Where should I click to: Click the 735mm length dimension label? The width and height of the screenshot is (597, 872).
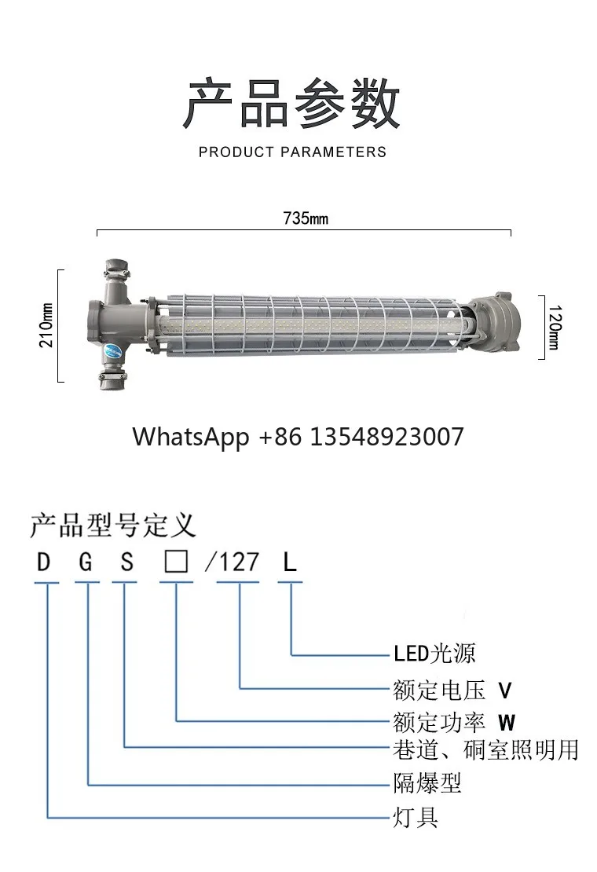pos(305,218)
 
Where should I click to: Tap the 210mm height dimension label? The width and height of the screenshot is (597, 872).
pos(46,325)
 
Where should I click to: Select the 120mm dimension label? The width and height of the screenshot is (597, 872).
pos(555,327)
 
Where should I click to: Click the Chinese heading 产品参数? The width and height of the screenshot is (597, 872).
pos(291,104)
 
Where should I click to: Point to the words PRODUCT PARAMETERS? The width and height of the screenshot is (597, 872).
pos(292,152)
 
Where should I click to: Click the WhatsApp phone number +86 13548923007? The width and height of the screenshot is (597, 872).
pos(361,437)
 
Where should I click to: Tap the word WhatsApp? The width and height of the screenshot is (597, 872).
pos(191,438)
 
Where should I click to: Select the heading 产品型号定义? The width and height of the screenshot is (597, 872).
pos(113,526)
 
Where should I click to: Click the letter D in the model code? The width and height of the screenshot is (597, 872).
pos(43,562)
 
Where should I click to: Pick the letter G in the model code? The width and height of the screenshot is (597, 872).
pos(85,562)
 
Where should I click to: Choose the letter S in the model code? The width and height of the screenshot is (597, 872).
pos(126,562)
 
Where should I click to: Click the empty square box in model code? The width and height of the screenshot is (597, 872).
pos(176,562)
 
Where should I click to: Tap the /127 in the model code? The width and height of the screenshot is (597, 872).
pos(232,562)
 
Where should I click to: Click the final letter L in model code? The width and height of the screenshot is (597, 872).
pos(290,562)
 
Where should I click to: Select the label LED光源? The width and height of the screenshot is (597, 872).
pos(434,654)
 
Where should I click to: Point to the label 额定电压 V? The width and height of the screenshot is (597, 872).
pos(452,691)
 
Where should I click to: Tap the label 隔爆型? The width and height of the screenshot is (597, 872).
pos(427,783)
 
